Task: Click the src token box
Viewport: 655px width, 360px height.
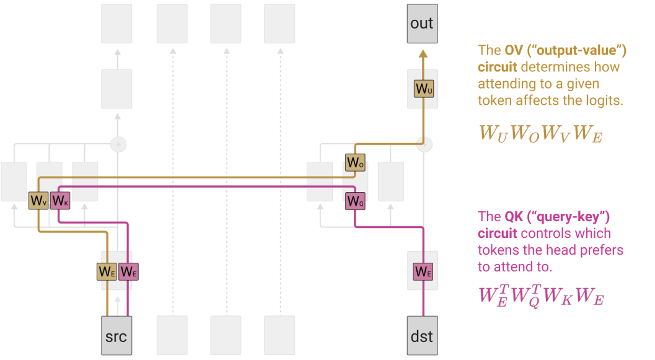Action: [x=116, y=336]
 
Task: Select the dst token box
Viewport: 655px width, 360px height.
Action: [x=422, y=336]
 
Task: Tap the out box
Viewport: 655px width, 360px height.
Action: [x=422, y=24]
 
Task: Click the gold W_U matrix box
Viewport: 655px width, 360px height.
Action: [x=424, y=89]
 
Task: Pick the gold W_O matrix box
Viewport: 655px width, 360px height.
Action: [x=355, y=162]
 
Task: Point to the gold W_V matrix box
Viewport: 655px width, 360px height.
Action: [x=38, y=200]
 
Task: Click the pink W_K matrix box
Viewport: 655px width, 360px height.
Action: [x=59, y=200]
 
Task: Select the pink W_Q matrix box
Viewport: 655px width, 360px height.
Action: [x=354, y=200]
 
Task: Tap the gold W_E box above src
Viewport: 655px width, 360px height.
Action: [x=107, y=271]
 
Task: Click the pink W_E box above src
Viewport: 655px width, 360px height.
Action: [x=128, y=271]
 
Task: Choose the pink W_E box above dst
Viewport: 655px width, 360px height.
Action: [x=423, y=271]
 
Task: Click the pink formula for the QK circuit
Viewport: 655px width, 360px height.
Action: [x=541, y=295]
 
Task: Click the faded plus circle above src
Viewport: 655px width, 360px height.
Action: [x=118, y=144]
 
